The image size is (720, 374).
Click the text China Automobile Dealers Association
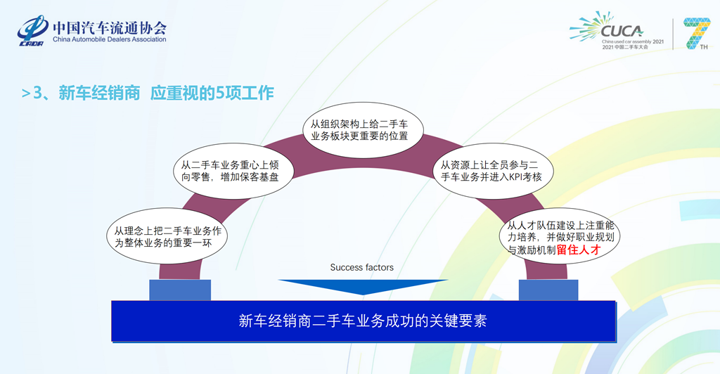(x=109, y=39)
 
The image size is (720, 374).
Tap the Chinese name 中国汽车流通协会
(x=110, y=27)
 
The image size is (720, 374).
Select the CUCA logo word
(x=622, y=31)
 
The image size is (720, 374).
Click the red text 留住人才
(x=579, y=249)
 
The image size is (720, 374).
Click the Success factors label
(x=361, y=268)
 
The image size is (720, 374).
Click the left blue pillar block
(x=180, y=290)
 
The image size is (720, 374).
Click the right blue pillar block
(x=548, y=290)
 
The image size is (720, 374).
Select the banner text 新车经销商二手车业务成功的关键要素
(x=363, y=321)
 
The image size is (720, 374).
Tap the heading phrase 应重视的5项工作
(x=212, y=93)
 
